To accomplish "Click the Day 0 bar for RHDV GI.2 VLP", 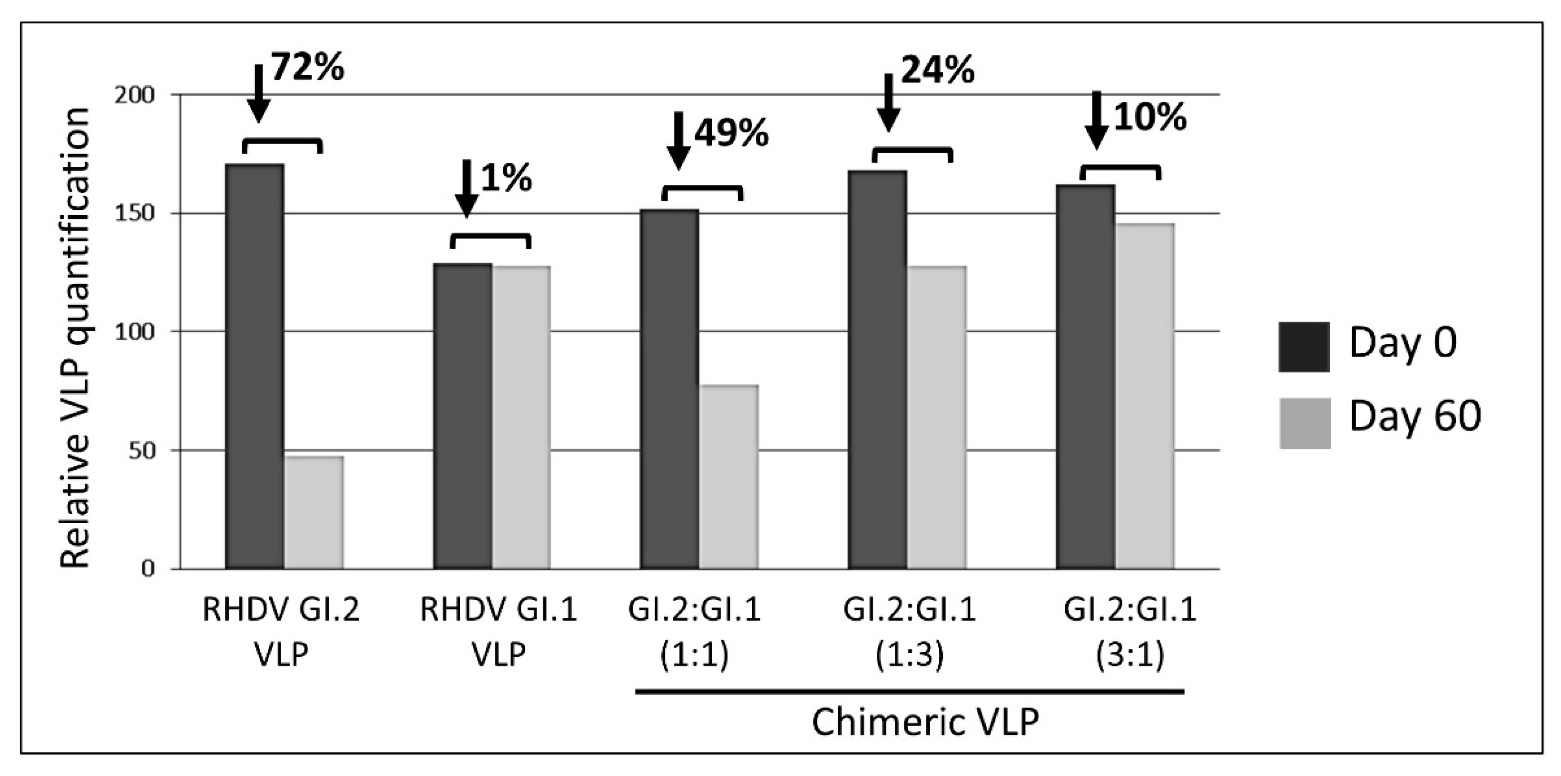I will pyautogui.click(x=255, y=366).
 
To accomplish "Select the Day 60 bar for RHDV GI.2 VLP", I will pyautogui.click(x=314, y=512).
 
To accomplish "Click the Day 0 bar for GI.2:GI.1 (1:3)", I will pyautogui.click(x=877, y=370).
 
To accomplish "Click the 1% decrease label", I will pyautogui.click(x=507, y=179).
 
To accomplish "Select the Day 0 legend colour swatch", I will pyautogui.click(x=1304, y=347).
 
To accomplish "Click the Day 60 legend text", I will pyautogui.click(x=1414, y=417).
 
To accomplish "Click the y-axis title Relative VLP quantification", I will pyautogui.click(x=76, y=337).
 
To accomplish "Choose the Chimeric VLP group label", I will pyautogui.click(x=925, y=722).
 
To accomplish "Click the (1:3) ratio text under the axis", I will pyautogui.click(x=909, y=657).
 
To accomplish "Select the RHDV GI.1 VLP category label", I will pyautogui.click(x=498, y=632).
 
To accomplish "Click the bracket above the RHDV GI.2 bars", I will pyautogui.click(x=283, y=144).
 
